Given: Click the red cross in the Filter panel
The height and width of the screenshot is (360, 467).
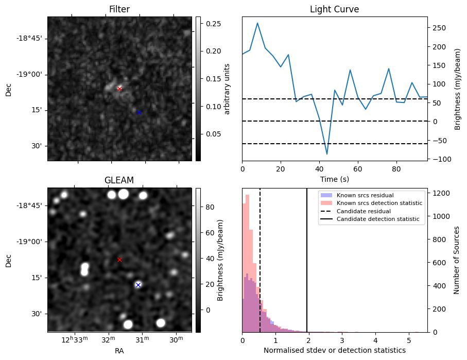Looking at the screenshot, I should (x=119, y=89).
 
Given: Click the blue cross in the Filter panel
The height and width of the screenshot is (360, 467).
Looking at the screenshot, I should (x=139, y=112).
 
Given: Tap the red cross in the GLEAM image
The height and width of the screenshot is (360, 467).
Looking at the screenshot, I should (x=119, y=260).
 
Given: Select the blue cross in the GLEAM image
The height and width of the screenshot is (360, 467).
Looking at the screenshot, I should (x=138, y=285).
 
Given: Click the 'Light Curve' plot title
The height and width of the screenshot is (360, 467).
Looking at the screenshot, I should (x=334, y=9).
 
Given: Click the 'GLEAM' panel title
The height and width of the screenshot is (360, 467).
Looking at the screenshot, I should (x=119, y=180).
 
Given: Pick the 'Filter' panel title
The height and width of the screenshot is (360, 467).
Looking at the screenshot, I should (x=119, y=9).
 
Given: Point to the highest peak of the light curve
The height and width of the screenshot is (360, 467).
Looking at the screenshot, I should (x=257, y=23).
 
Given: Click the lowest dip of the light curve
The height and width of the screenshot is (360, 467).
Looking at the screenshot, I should (x=327, y=154).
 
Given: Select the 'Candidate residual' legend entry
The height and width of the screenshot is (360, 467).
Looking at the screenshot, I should (x=360, y=212).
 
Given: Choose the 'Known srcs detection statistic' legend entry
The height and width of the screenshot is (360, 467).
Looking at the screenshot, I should (x=379, y=203).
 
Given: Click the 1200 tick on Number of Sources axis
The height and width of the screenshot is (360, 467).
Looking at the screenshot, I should (x=439, y=193).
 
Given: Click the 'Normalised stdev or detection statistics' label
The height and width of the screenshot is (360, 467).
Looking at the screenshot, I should (x=334, y=350).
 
